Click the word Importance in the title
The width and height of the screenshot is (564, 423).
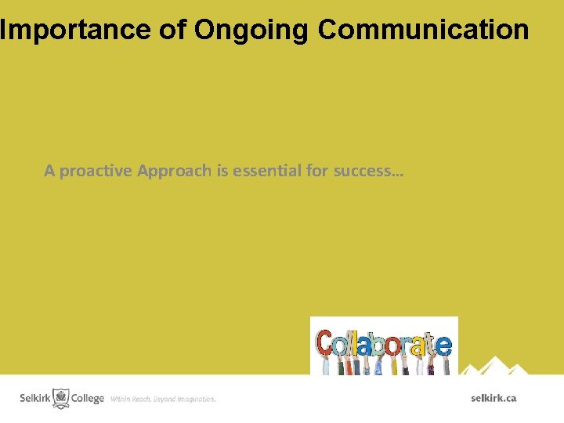tap(74, 30)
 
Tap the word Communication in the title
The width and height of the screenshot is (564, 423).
tap(424, 30)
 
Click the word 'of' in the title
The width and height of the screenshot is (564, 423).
tap(172, 30)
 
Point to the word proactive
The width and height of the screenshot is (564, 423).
tap(96, 171)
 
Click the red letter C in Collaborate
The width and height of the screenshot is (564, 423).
tap(324, 344)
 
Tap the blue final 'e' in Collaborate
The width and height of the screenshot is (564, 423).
tap(443, 345)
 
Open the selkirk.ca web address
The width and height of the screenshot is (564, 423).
tap(493, 398)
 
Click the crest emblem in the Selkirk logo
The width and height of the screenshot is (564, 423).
tap(61, 398)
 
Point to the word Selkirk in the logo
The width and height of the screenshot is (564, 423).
tap(35, 399)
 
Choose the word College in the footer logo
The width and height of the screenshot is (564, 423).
tap(88, 399)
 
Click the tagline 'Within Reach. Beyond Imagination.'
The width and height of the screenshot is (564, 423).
tap(163, 399)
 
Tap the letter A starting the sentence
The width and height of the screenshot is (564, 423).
tap(49, 171)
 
